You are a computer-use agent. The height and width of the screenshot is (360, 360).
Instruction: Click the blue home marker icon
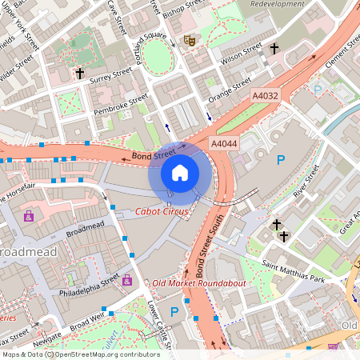(x=180, y=173)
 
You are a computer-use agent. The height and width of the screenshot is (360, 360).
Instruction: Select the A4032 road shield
(x=266, y=96)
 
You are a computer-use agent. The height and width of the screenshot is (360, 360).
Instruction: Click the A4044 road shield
(x=224, y=142)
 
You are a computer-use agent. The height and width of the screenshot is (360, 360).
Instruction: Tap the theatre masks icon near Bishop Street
(x=190, y=39)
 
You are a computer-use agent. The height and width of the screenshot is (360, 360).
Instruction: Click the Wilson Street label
(x=241, y=55)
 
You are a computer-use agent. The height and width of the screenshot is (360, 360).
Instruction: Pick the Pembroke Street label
(x=121, y=104)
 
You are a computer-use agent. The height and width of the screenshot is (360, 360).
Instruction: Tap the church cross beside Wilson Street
(x=274, y=49)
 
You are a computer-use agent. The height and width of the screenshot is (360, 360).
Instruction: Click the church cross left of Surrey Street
(x=79, y=74)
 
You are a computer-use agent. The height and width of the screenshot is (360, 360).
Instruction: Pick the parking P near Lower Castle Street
(x=174, y=311)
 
